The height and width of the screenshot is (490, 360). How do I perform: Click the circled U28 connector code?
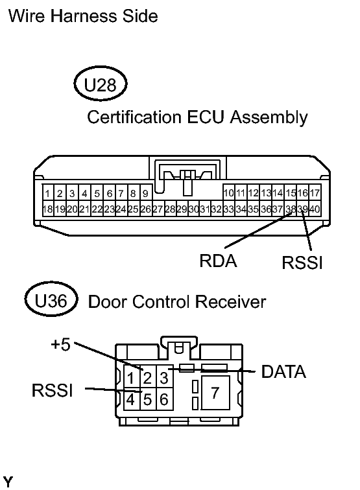101,84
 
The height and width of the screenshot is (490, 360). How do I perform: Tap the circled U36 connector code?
51,301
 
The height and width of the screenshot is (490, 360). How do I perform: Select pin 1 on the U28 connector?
47,193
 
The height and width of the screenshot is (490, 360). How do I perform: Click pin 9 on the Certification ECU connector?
145,193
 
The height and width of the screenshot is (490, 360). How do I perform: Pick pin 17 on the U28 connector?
315,193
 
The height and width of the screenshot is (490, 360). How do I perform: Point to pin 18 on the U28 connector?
47,209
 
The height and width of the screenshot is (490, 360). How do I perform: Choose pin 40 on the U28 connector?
315,209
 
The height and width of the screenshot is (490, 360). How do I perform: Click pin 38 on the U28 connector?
290,209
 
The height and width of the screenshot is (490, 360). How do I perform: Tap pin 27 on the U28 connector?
158,209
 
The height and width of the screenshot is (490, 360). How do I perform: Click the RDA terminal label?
218,261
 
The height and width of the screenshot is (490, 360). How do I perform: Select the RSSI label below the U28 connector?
302,262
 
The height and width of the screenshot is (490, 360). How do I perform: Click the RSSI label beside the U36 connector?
53,390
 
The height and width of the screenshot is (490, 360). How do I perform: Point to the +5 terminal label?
60,344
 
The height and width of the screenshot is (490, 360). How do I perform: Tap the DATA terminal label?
283,371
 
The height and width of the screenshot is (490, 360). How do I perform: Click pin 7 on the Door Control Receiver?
215,393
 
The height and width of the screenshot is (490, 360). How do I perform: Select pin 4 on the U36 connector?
131,399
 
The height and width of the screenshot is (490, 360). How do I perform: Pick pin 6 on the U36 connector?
164,399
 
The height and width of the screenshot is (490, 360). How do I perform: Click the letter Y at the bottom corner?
8,482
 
